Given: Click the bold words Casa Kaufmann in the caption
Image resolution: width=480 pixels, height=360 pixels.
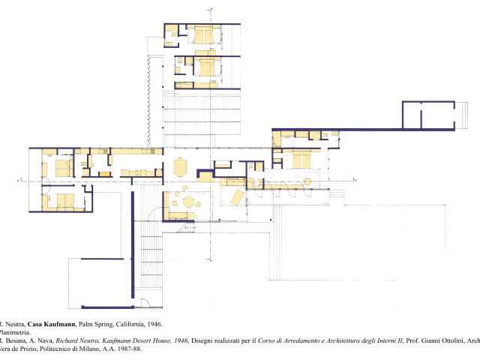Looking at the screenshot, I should (50, 324).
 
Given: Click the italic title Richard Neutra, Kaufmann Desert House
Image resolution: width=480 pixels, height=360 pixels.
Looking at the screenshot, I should (112, 340).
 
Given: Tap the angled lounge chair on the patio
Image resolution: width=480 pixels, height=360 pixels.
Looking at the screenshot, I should (235, 197).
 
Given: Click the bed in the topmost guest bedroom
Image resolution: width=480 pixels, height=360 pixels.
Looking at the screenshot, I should (205, 34).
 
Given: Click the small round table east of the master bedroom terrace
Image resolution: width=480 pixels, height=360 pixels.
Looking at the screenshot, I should (306, 181).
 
